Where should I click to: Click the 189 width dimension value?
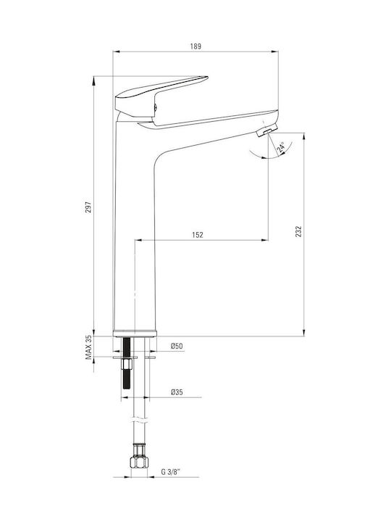[x=195, y=46]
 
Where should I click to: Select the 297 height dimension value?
[x=88, y=207]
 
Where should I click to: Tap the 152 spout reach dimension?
[x=197, y=235]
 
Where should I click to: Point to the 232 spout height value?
[x=298, y=231]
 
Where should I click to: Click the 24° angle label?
[x=281, y=147]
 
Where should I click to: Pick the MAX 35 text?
[x=88, y=347]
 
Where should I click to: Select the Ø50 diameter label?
[x=177, y=346]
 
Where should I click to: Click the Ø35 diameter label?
[x=177, y=392]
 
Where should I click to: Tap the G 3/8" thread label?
[x=171, y=472]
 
